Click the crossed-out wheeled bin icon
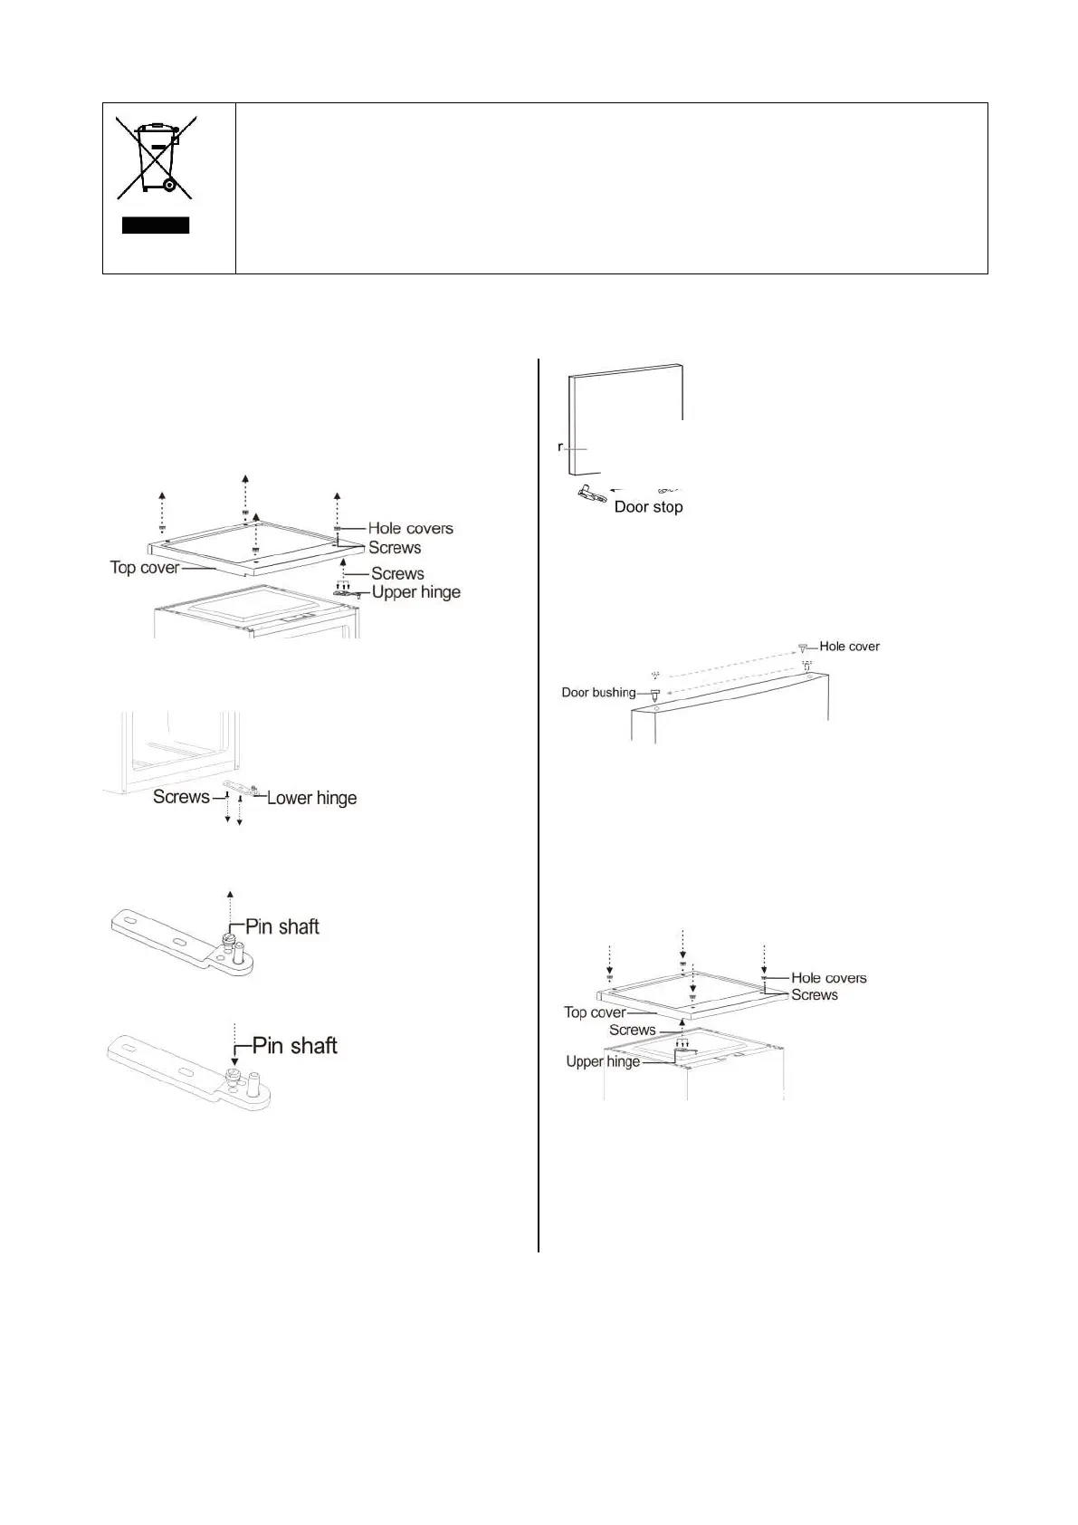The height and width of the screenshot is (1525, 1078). (x=154, y=158)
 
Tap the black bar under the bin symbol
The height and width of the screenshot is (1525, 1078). (x=156, y=225)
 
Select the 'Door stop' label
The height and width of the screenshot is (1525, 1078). (x=648, y=507)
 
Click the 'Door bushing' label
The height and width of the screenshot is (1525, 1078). (x=598, y=693)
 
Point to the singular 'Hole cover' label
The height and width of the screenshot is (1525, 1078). (x=849, y=647)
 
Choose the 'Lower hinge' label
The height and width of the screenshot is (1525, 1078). (x=311, y=798)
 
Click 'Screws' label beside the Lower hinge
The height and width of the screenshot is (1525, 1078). (x=181, y=797)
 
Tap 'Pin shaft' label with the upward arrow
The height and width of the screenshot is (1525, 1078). (x=282, y=926)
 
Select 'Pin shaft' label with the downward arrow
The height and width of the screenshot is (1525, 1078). (x=294, y=1046)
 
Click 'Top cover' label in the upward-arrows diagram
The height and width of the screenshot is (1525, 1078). (x=145, y=568)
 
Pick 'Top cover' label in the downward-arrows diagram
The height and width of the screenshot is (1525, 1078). (x=595, y=1012)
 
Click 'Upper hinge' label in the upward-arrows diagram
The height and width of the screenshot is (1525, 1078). (x=416, y=592)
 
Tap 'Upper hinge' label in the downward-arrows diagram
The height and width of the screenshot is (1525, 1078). (x=603, y=1061)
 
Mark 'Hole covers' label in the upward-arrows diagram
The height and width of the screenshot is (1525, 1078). (x=410, y=528)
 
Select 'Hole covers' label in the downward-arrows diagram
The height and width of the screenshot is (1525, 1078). (x=828, y=978)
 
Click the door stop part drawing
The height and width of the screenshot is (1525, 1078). (x=591, y=494)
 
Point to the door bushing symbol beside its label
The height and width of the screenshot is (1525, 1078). (x=654, y=695)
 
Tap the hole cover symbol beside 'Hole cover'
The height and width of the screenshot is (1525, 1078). (x=803, y=647)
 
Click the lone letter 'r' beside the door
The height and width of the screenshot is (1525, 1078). (x=561, y=447)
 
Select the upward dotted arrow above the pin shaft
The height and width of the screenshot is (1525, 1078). (x=230, y=910)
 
